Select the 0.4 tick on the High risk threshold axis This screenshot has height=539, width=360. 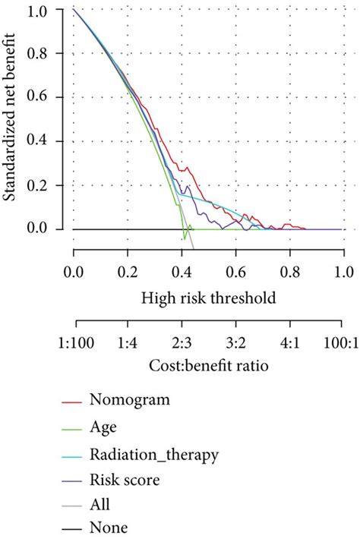(182, 270)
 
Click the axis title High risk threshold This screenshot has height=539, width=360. (207, 298)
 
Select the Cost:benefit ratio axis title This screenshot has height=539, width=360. (207, 367)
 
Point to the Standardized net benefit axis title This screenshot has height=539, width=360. (13, 119)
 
